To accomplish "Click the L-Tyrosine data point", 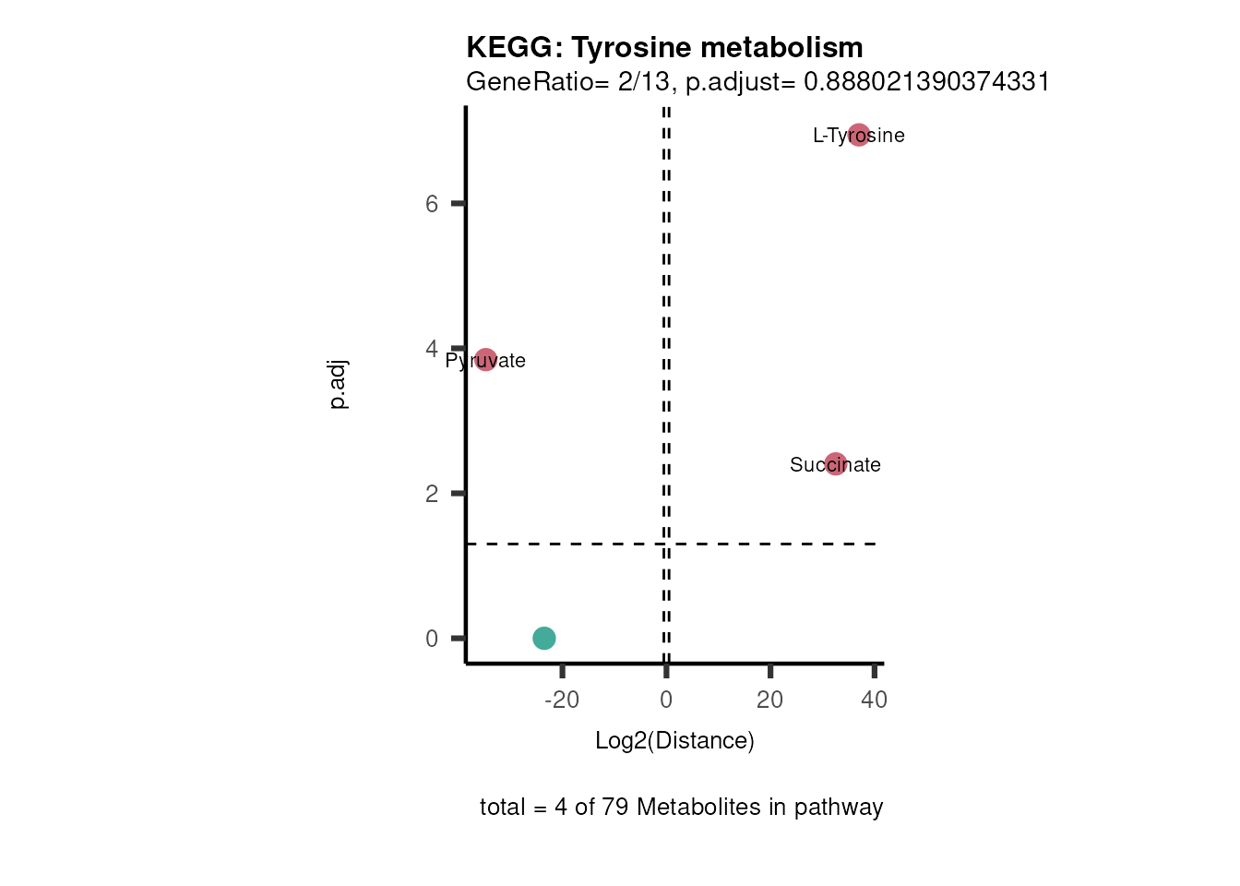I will tap(859, 136).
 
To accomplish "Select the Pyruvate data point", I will tap(486, 360).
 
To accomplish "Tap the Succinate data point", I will tap(836, 464).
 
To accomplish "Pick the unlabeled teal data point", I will tap(544, 638).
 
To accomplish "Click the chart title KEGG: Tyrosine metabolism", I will tap(664, 47).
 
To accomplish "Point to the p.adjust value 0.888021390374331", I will tap(926, 82).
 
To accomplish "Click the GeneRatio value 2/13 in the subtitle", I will tap(643, 82).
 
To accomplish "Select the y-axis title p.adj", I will tap(339, 384).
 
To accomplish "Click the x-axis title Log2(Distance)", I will tap(674, 740).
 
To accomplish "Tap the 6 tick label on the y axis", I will tap(432, 203).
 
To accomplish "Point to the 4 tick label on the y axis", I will tap(432, 349).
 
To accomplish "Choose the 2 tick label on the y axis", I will tap(432, 494).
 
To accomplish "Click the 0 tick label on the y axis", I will tap(432, 639).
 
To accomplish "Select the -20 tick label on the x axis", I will tap(562, 700).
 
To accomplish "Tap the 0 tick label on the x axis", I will tap(666, 700).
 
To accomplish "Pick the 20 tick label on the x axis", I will tap(769, 700).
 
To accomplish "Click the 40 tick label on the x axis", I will tap(874, 700).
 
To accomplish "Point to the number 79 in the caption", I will tap(614, 807).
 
